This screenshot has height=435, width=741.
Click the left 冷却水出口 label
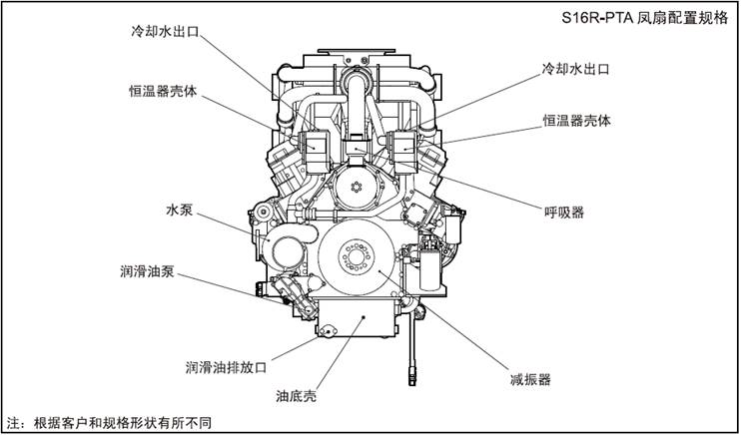pos(166,32)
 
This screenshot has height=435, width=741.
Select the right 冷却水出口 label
pos(575,70)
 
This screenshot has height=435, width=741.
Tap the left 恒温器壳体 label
pos(163,91)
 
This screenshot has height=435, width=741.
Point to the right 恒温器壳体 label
pos(576,121)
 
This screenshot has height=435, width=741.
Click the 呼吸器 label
pos(564,213)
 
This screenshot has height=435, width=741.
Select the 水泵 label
pos(180,211)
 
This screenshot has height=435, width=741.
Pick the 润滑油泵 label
pos(147,271)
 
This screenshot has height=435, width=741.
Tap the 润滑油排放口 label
pos(226,367)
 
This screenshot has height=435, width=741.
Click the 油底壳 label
pos(296,396)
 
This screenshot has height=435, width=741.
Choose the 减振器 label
pos(530,379)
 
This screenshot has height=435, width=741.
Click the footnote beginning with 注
pos(109,422)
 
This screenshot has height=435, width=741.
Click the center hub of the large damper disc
pos(356,257)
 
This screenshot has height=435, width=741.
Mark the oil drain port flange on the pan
pos(328,331)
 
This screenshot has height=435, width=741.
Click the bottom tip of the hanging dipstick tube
pos(412,382)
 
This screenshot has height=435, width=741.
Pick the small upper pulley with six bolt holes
pos(356,187)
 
